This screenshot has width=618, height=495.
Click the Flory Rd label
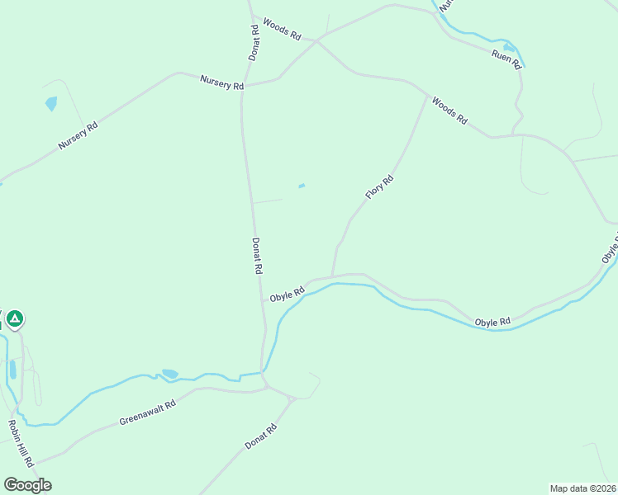click(x=379, y=187)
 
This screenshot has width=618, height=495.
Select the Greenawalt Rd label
click(x=148, y=413)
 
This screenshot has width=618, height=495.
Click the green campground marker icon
click(x=14, y=318)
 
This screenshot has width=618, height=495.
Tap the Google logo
click(x=27, y=484)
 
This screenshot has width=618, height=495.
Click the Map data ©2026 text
click(x=582, y=488)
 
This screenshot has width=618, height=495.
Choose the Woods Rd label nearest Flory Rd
click(x=449, y=112)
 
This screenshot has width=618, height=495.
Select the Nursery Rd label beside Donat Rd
click(x=221, y=82)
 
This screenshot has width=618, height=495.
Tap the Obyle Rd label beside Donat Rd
click(x=288, y=295)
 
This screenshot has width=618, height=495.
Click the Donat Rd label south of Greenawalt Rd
click(x=259, y=438)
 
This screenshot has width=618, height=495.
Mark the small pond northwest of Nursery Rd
click(x=51, y=104)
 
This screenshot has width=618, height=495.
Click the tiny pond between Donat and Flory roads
click(x=302, y=186)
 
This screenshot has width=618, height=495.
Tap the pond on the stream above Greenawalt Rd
click(x=169, y=374)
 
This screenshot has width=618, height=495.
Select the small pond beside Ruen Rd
click(x=509, y=47)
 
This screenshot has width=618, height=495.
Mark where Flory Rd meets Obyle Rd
click(x=332, y=277)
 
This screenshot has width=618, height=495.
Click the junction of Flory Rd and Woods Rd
click(x=428, y=96)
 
